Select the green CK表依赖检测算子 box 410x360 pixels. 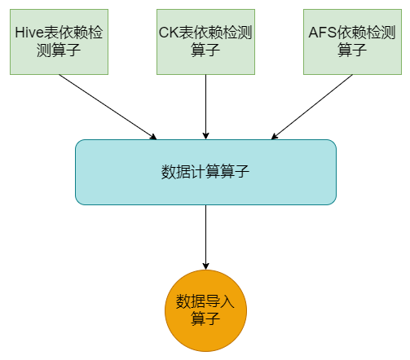(x=205, y=42)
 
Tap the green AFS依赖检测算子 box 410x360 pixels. (x=352, y=42)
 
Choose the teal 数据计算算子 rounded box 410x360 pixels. (x=205, y=172)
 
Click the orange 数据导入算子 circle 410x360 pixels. (x=205, y=310)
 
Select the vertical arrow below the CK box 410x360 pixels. (x=205, y=106)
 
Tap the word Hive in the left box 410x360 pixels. (x=29, y=33)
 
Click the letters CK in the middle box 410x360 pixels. (x=167, y=33)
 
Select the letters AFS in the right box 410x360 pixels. (x=324, y=33)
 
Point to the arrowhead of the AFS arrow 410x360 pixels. (x=276, y=135)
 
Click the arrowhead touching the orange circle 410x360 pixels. (x=205, y=265)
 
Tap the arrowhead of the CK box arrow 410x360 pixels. (x=205, y=134)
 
